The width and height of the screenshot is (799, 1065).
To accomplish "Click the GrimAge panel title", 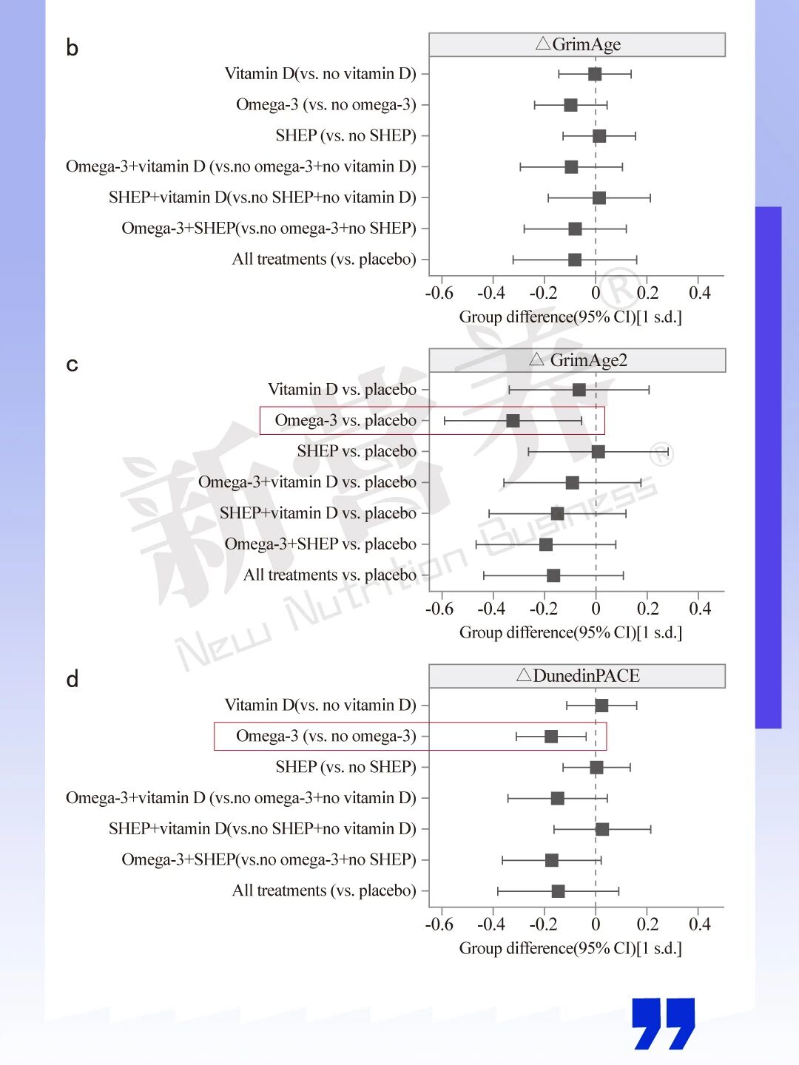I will [578, 44].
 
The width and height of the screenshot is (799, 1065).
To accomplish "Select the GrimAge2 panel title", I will [578, 360].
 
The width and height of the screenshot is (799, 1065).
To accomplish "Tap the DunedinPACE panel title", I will [578, 676].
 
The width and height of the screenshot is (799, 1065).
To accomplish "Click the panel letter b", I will [72, 48].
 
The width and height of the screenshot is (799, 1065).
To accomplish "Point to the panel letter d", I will [72, 679].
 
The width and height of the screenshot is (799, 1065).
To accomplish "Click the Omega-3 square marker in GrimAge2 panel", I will [513, 421].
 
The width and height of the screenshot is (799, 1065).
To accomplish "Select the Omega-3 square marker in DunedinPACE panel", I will [551, 737].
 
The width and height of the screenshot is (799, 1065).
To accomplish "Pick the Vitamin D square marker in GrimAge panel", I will [595, 74].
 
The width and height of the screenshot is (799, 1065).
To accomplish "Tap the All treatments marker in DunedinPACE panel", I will [559, 891].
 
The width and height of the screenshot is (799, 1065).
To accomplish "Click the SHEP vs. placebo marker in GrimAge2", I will [599, 452].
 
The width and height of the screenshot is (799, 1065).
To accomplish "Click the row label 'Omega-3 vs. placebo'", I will [345, 421].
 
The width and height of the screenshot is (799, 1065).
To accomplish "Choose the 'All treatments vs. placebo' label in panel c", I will [330, 575].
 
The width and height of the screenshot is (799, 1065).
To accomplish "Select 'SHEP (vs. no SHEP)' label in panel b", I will [345, 136].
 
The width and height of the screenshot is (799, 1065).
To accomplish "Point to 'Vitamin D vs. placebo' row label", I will [342, 390].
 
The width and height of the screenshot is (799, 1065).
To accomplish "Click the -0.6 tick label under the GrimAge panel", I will [439, 293].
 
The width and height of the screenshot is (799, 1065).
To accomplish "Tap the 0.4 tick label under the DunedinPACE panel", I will [699, 924].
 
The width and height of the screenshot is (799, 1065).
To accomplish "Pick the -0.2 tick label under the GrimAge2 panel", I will [543, 609].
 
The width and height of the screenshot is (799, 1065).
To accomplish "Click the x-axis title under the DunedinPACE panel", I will [570, 948].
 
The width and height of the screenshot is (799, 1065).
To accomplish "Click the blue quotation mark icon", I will [664, 1024].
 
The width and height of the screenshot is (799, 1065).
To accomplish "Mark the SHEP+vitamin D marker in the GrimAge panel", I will [599, 198].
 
